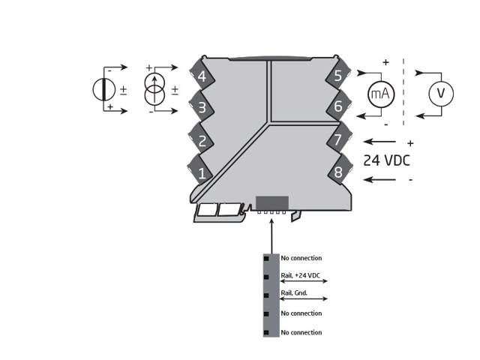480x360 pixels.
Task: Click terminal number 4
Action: point(202,76)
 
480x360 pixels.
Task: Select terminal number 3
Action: point(202,108)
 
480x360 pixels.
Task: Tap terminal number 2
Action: point(202,140)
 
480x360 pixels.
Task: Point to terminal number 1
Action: point(202,173)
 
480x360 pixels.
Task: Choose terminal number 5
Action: point(338,76)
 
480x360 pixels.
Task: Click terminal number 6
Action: point(338,107)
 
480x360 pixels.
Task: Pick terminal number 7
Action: point(338,140)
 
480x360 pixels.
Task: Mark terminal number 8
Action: point(338,172)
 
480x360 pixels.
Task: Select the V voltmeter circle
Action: point(441,93)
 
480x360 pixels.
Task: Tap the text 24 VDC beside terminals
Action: point(386,160)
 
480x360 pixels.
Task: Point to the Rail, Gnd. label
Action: point(294,293)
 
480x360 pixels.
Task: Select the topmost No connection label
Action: point(301,258)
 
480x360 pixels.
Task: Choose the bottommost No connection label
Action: point(301,332)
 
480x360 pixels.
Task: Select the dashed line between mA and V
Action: point(403,91)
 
